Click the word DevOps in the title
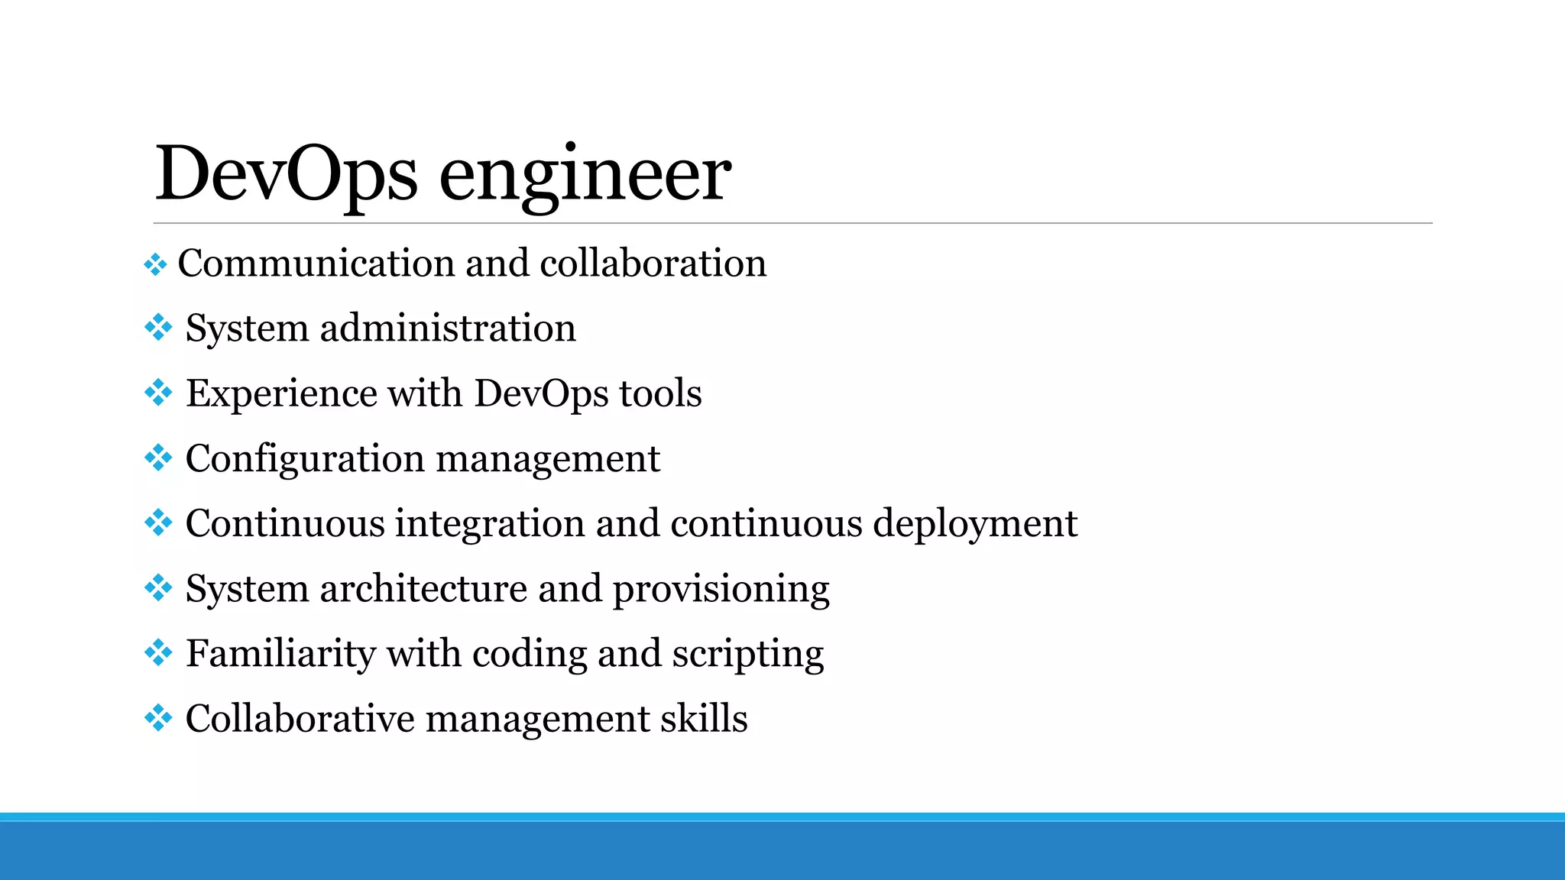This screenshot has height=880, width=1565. point(287,174)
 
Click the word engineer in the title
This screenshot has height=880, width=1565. point(585,177)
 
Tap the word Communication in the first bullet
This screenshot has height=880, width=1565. point(316,264)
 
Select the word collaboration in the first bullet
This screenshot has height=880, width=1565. point(653,264)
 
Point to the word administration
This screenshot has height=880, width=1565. point(448,328)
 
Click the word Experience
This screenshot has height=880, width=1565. point(280,394)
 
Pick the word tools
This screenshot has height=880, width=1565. point(660,394)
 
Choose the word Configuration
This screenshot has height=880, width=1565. point(305,459)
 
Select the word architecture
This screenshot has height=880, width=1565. point(423,589)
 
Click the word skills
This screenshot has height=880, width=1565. point(704,719)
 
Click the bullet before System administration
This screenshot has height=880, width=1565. point(158,328)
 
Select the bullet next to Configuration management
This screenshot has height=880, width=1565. point(158,458)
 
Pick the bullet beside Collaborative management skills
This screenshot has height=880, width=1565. point(158,718)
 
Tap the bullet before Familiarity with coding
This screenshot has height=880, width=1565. point(158,653)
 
